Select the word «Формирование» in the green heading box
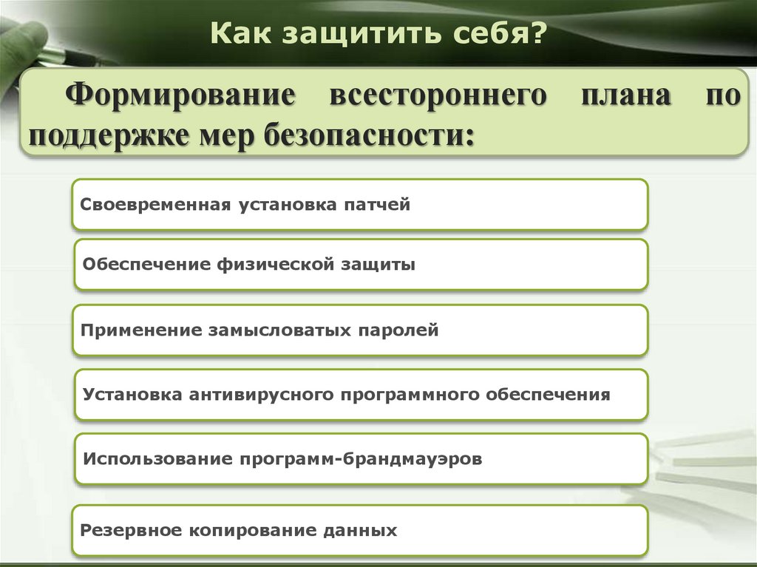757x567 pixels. (x=178, y=98)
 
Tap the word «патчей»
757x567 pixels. (x=376, y=204)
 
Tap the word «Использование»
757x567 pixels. (x=157, y=458)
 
